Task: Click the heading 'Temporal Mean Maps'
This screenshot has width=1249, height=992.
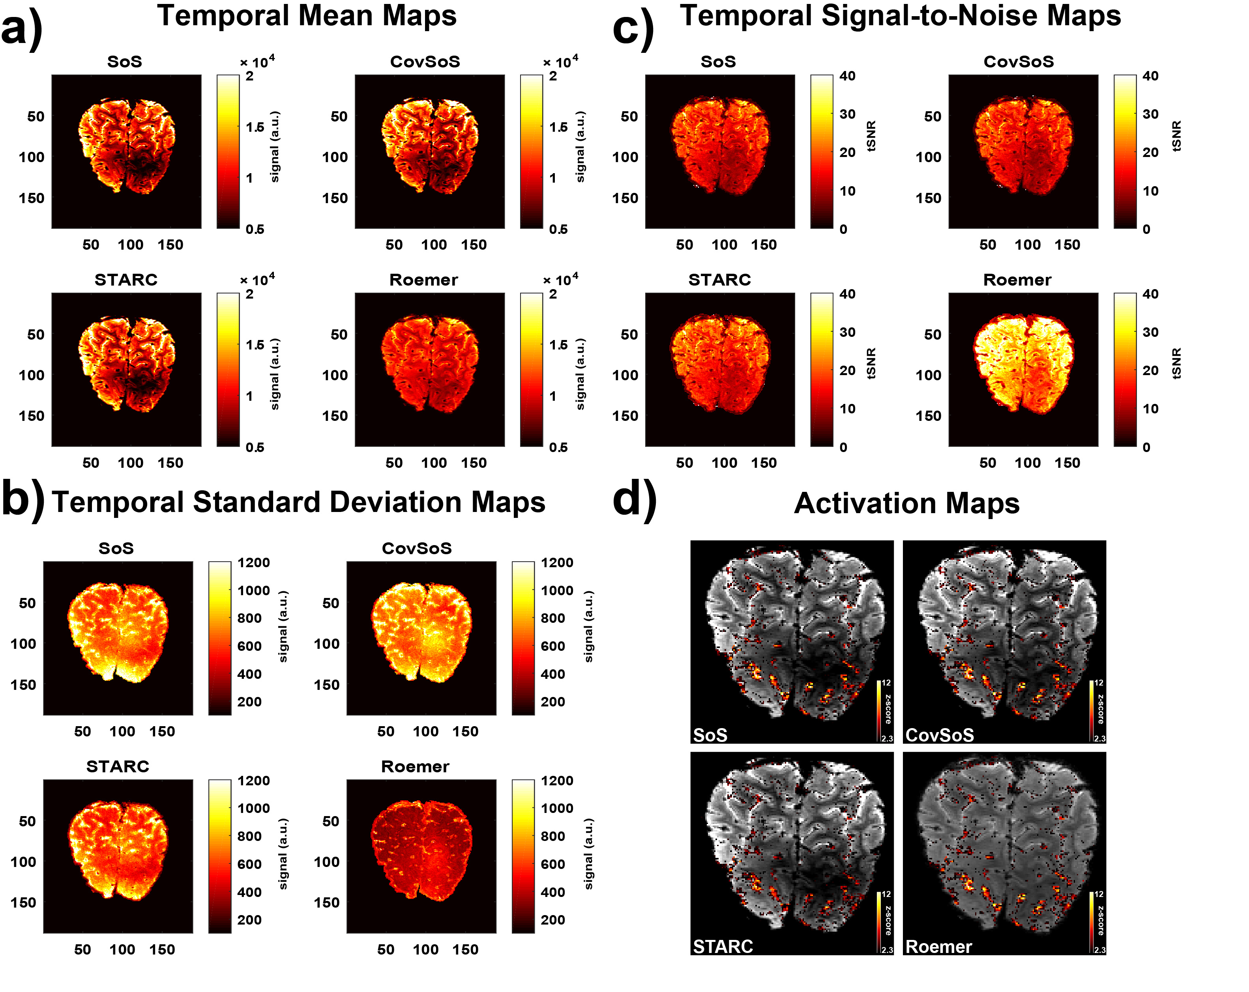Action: (x=307, y=16)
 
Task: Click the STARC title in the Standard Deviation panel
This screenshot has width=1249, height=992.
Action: (x=118, y=767)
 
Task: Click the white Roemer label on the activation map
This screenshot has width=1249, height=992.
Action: (x=938, y=947)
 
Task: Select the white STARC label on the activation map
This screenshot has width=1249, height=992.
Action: (x=723, y=947)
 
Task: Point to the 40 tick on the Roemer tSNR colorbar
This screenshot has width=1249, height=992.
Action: (x=1150, y=294)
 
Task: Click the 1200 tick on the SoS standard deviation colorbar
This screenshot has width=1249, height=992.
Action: (x=253, y=563)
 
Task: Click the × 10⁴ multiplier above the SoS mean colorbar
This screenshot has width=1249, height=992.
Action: (x=257, y=62)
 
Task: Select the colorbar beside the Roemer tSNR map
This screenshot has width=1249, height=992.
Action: (x=1124, y=370)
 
